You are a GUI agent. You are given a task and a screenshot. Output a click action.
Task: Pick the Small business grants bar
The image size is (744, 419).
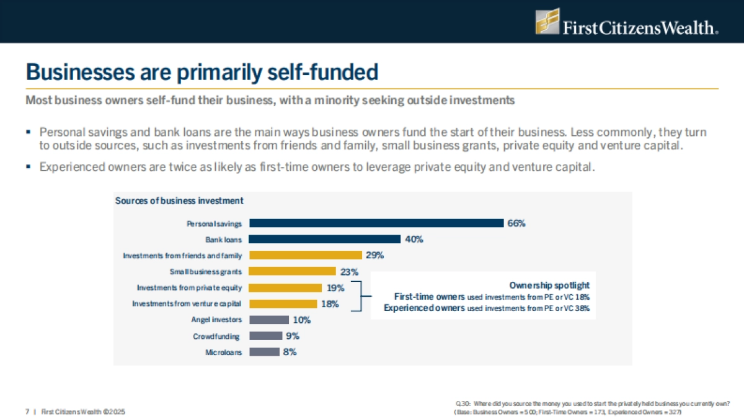coord(291,271)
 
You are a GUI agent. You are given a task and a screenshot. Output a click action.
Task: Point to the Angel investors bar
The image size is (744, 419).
coord(268,320)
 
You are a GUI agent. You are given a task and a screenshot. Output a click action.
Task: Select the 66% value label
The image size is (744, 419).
coord(516,223)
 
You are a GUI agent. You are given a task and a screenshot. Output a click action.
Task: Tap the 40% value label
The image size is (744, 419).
coord(414,240)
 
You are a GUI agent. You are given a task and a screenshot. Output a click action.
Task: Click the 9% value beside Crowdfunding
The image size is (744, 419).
coord(292,336)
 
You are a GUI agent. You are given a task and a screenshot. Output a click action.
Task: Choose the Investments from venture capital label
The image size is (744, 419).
coord(187,304)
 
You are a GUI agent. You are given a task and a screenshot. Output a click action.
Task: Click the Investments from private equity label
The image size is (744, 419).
coord(189,287)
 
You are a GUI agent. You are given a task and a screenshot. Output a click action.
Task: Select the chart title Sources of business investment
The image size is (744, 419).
coord(179,200)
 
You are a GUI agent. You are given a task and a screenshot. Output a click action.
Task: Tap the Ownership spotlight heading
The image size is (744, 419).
coord(549,285)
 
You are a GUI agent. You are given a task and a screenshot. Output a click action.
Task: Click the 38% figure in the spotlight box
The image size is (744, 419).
coord(582,308)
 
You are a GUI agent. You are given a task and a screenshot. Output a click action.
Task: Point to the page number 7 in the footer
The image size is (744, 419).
coord(27,412)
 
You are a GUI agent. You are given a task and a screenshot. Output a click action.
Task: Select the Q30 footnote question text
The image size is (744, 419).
coord(591,403)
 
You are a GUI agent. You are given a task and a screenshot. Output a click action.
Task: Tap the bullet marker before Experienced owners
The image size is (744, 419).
coord(29,168)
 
